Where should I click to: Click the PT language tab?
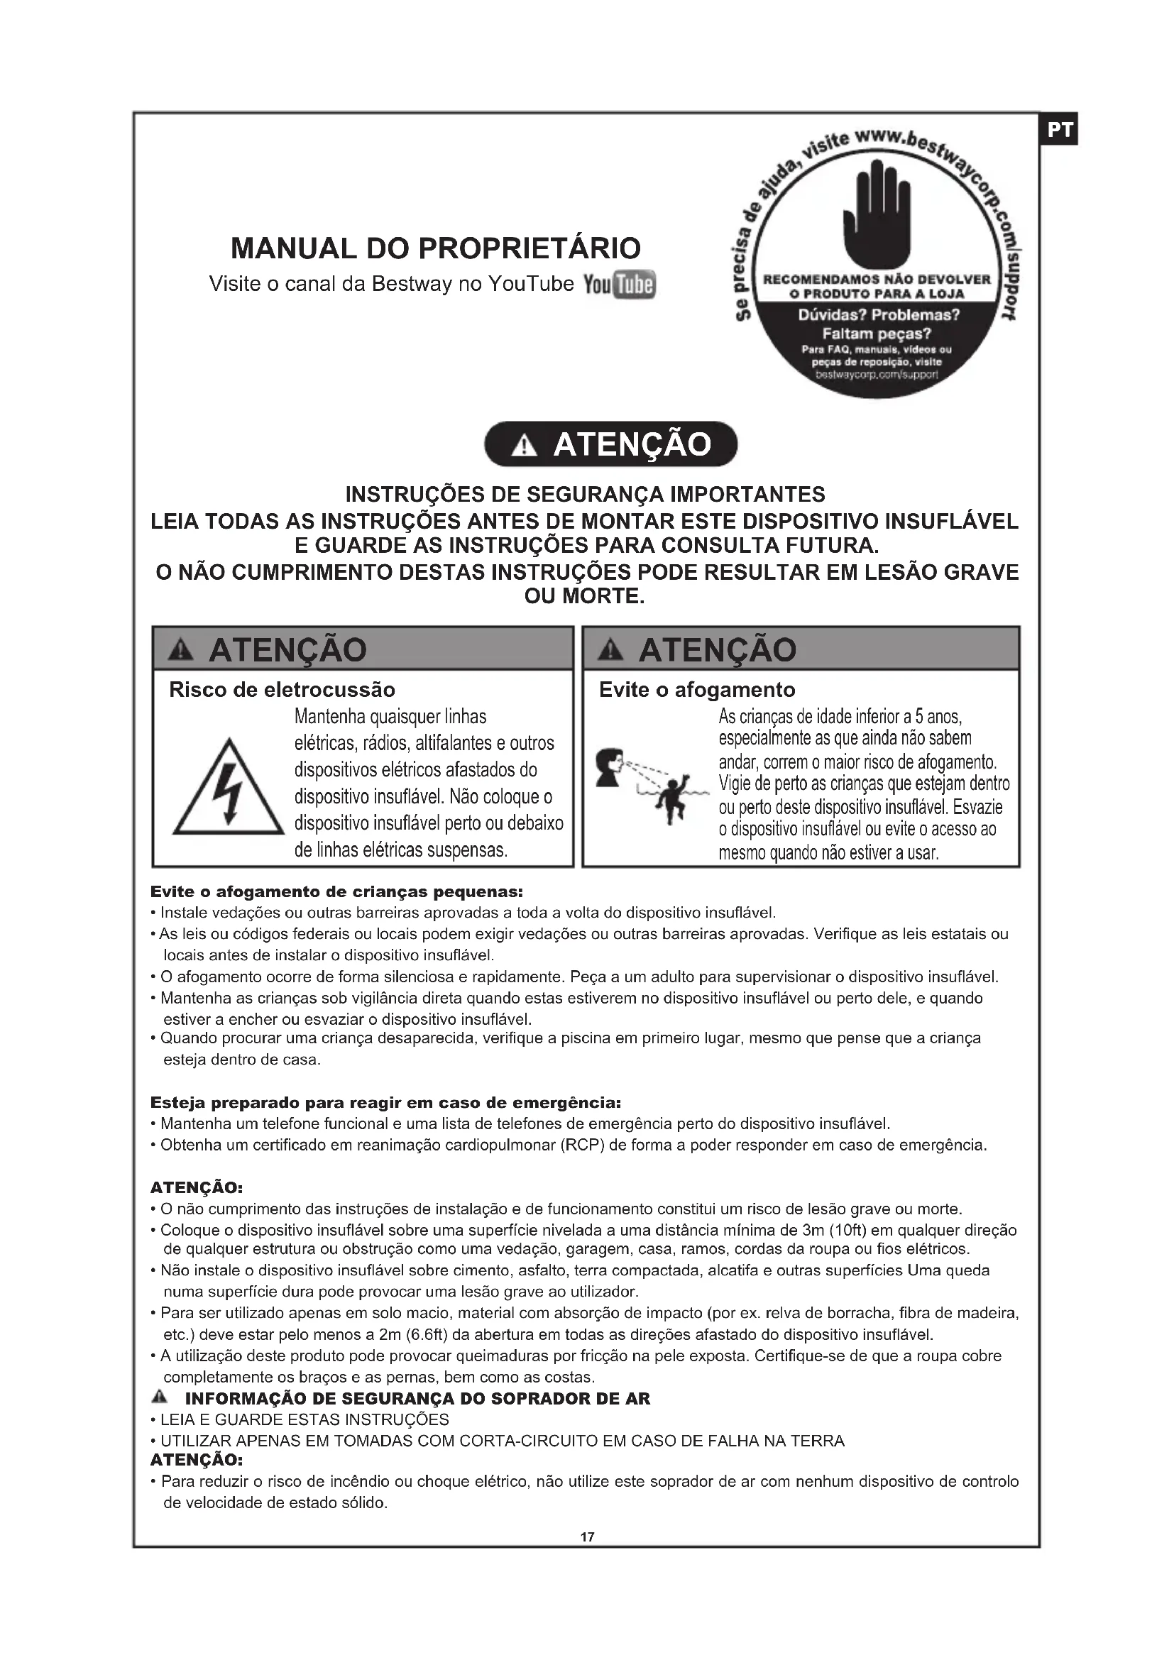pyautogui.click(x=1059, y=130)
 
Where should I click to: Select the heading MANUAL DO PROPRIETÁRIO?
pyautogui.click(x=435, y=248)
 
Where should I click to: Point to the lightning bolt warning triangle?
pyautogui.click(x=229, y=788)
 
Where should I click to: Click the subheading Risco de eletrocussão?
pyautogui.click(x=282, y=690)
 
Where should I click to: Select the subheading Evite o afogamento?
pyautogui.click(x=697, y=690)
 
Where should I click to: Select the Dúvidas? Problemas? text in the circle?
pyautogui.click(x=878, y=315)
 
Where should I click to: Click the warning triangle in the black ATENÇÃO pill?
pyautogui.click(x=523, y=447)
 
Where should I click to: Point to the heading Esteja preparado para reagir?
pyautogui.click(x=385, y=1103)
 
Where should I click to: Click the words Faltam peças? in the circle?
pyautogui.click(x=876, y=334)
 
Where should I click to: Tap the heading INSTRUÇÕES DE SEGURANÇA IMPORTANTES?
pyautogui.click(x=585, y=495)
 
